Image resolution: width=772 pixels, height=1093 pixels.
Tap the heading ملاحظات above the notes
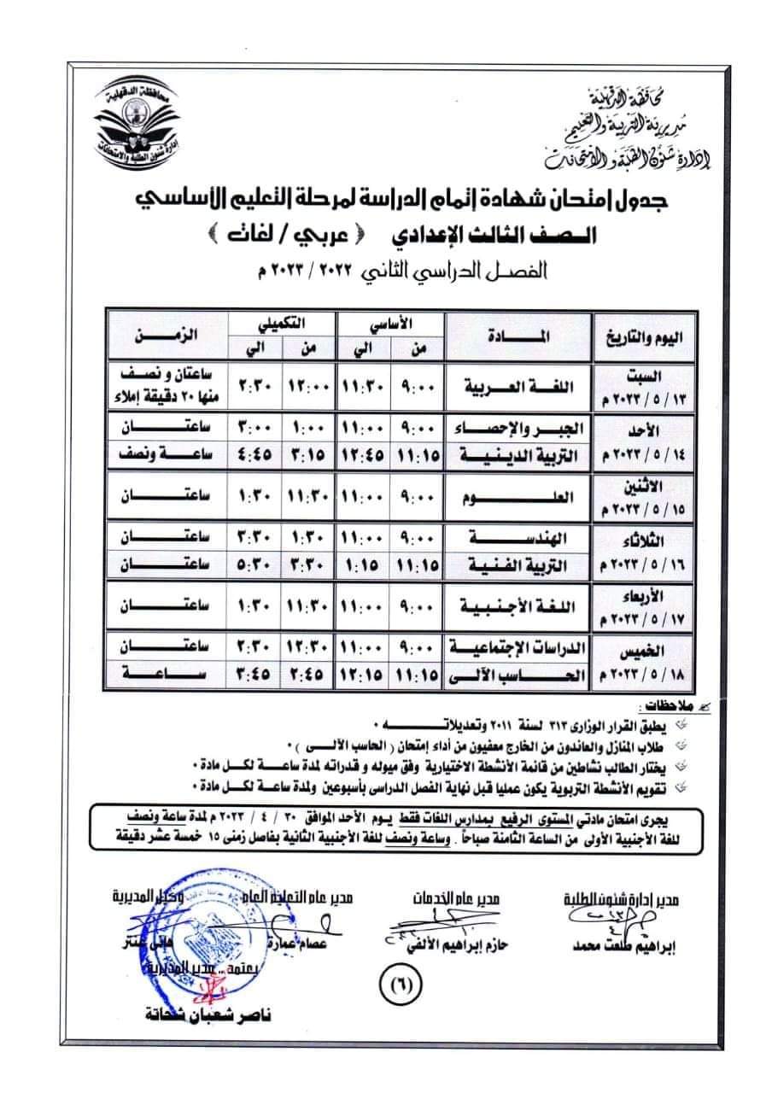tap(660, 707)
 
